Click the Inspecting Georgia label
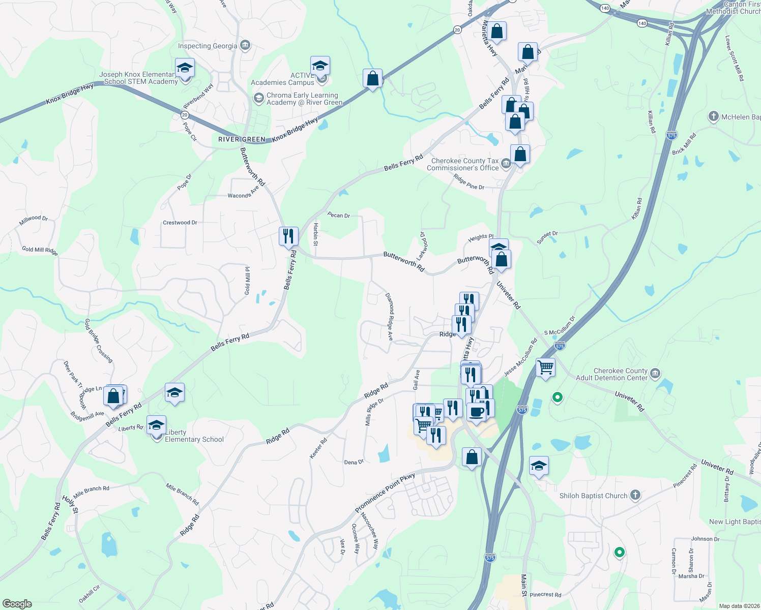coord(208,46)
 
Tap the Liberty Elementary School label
coord(194,436)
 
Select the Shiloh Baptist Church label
coord(593,496)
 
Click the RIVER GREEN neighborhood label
coord(242,139)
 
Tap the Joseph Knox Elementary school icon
coord(185,69)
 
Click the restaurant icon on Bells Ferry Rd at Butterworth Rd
coord(288,236)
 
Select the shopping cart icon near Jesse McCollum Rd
coord(545,367)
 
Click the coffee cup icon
coord(477,412)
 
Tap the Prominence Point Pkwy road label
coord(385,493)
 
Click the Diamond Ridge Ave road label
coord(389,316)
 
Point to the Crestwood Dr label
coord(180,223)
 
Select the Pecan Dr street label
coord(339,216)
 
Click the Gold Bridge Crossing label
coord(99,341)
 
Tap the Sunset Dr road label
coord(547,237)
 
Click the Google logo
coord(17,604)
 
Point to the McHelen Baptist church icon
coord(713,117)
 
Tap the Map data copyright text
coord(739,606)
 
